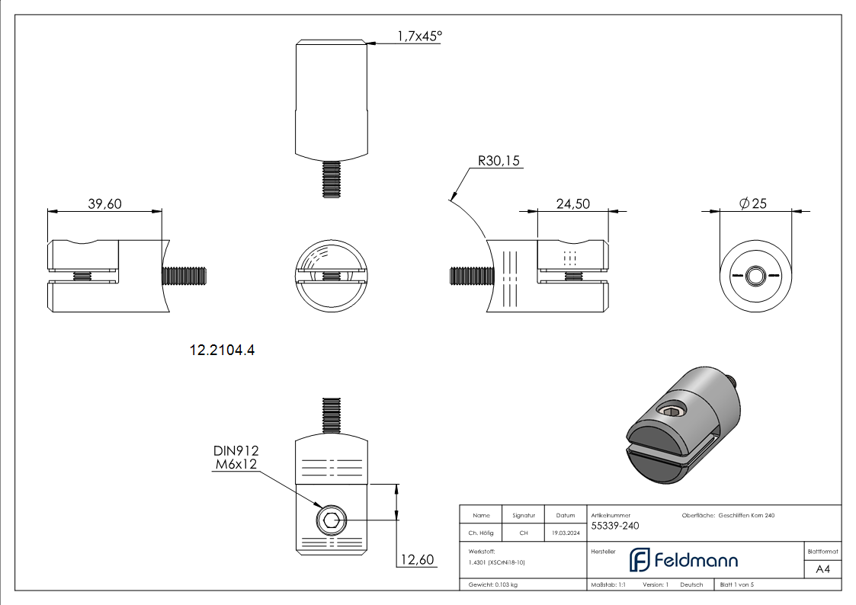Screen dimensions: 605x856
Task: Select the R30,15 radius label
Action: [499, 161]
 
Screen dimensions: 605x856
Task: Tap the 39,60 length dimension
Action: [104, 203]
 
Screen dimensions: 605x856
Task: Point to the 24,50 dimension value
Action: [573, 203]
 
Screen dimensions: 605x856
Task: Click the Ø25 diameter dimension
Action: [753, 203]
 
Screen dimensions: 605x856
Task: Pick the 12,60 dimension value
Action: [417, 560]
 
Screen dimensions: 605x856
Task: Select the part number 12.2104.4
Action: [221, 351]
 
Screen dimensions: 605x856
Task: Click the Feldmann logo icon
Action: [639, 560]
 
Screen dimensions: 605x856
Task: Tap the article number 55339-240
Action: [615, 526]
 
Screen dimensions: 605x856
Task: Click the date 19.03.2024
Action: [565, 533]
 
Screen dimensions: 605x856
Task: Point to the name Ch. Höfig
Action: [482, 533]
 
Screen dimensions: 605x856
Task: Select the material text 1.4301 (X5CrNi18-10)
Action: [497, 562]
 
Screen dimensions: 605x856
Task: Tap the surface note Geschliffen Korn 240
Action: [746, 516]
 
